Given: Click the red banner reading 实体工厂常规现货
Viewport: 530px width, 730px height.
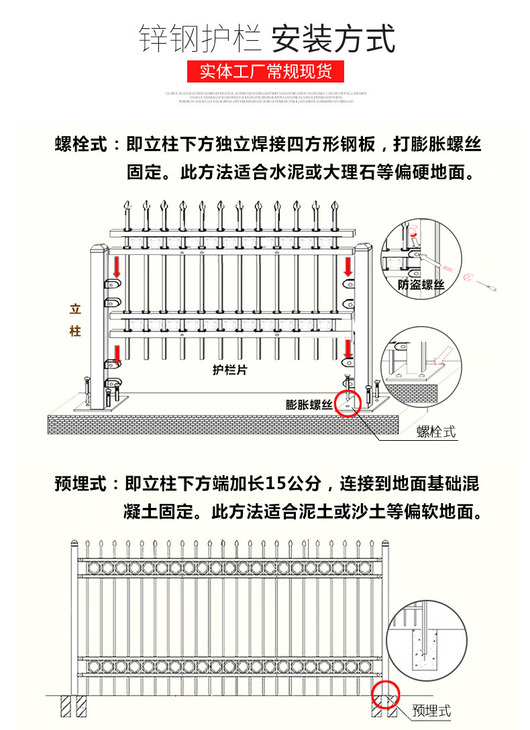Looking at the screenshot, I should (x=265, y=70).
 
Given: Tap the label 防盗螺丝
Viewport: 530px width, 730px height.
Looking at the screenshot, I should (x=421, y=285).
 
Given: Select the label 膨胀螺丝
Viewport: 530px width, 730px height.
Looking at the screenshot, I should (x=309, y=404).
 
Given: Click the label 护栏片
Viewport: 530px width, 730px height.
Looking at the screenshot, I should (x=229, y=370).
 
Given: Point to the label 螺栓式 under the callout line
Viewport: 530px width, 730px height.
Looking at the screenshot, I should (x=436, y=431).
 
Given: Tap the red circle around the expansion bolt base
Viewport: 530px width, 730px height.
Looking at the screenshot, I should (x=348, y=403).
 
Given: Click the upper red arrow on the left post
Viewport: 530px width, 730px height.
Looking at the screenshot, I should (x=117, y=268).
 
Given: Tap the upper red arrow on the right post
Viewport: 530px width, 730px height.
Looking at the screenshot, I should (x=348, y=266).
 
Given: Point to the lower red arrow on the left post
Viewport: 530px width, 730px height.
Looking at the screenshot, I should (x=117, y=352).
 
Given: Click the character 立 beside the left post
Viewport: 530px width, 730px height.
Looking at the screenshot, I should (x=75, y=310).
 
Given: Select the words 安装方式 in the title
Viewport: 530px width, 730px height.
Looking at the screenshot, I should (x=333, y=39).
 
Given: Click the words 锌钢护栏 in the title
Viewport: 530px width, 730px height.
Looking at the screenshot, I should (x=199, y=39).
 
